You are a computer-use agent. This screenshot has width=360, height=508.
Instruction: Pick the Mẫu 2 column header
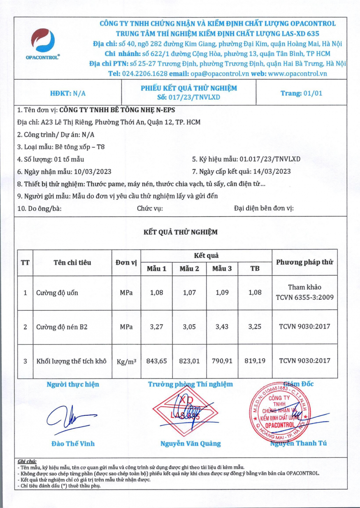189,268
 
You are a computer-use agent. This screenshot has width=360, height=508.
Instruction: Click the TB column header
255,268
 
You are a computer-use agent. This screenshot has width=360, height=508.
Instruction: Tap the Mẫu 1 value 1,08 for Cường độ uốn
156,293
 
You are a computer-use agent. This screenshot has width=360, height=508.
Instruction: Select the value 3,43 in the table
222,327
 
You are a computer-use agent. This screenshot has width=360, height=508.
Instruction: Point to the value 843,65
156,361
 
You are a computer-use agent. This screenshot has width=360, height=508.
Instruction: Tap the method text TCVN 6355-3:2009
305,297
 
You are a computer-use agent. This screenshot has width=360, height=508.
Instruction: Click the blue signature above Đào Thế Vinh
64,419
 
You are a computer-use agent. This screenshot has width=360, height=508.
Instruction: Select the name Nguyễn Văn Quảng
191,444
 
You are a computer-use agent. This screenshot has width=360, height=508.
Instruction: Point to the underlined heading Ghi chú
28,461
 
